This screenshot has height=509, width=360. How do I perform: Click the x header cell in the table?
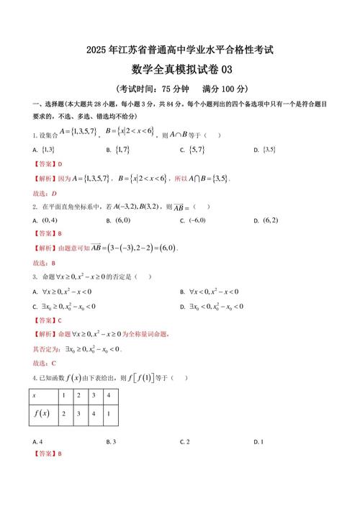35,395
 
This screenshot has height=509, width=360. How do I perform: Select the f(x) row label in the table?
40,413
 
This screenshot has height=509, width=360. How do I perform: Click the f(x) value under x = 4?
108,413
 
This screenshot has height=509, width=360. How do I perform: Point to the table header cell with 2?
78,395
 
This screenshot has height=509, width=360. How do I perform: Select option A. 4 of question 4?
37,441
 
